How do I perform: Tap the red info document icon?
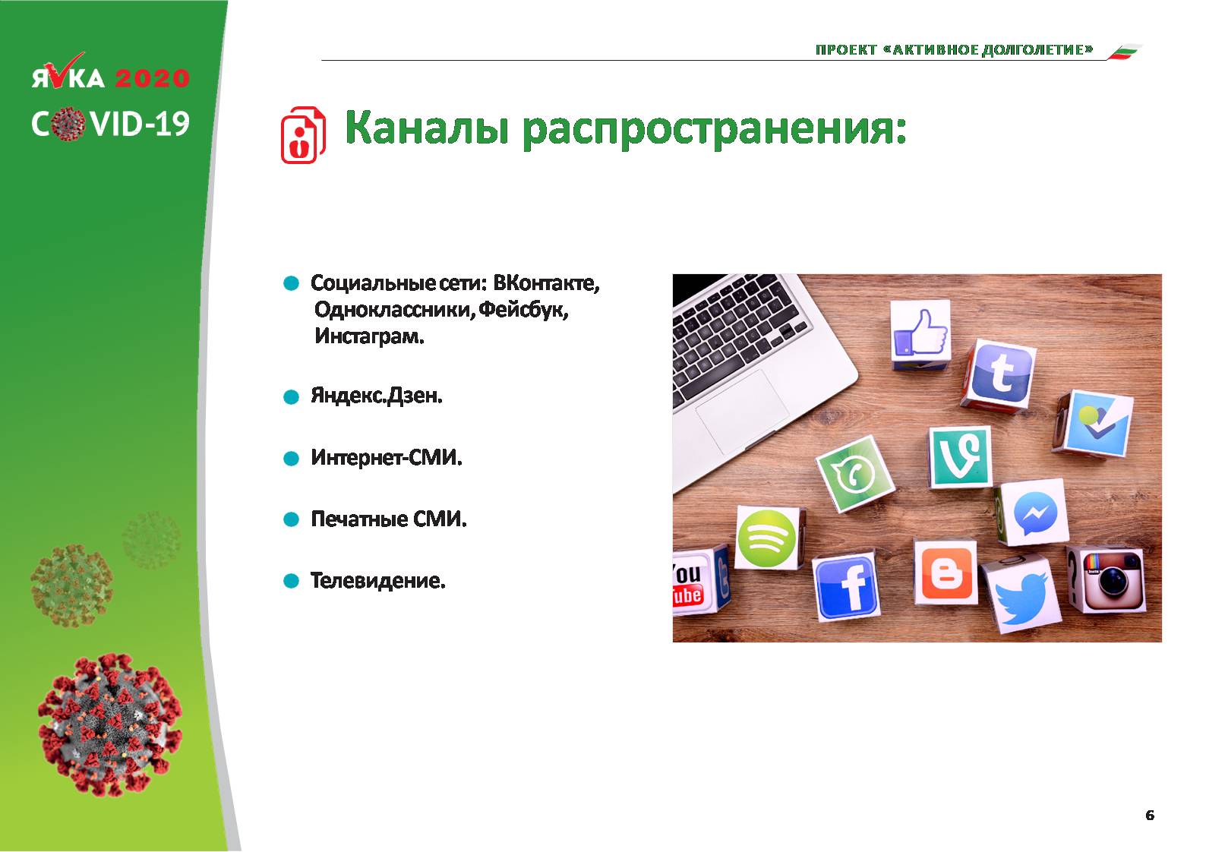pyautogui.click(x=303, y=134)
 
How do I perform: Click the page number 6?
pyautogui.click(x=1150, y=816)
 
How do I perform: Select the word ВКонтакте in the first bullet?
pyautogui.click(x=546, y=282)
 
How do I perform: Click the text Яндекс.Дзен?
pyautogui.click(x=377, y=396)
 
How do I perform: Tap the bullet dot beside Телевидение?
pyautogui.click(x=291, y=581)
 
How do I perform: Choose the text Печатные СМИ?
pyautogui.click(x=389, y=519)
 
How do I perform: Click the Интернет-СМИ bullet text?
pyautogui.click(x=387, y=457)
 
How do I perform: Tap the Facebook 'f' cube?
pyautogui.click(x=846, y=588)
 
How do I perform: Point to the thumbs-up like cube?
pyautogui.click(x=920, y=332)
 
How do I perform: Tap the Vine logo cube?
pyautogui.click(x=961, y=456)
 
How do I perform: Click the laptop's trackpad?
pyautogui.click(x=742, y=412)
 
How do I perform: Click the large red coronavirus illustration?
pyautogui.click(x=110, y=724)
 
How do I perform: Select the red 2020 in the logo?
pyautogui.click(x=153, y=78)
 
